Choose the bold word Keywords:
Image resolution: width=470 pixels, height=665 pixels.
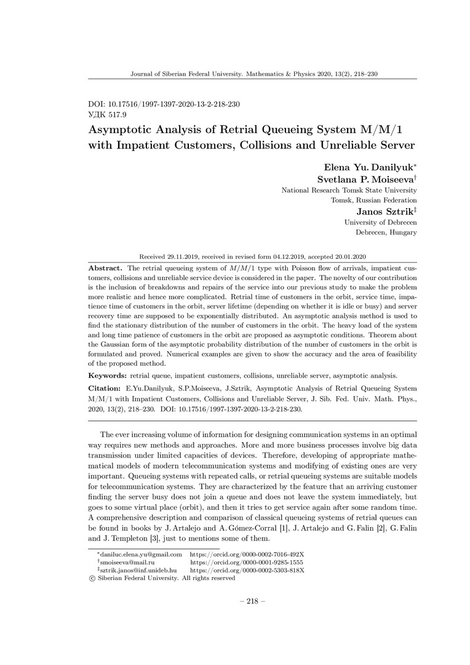(110, 375)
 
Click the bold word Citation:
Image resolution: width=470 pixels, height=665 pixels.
(106, 389)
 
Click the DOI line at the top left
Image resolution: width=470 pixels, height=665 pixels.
(164, 105)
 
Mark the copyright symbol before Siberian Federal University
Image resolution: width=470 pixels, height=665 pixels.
(92, 579)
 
